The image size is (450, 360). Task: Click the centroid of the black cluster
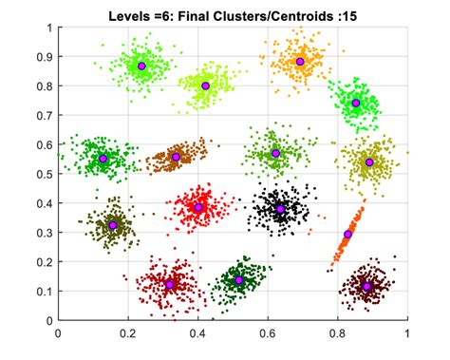click(280, 209)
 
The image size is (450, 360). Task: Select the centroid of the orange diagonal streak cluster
click(347, 234)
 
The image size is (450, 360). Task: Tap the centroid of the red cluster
click(198, 207)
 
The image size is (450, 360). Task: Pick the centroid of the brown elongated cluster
click(176, 157)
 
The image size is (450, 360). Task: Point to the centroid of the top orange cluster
click(300, 62)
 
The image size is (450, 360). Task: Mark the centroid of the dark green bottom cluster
click(239, 280)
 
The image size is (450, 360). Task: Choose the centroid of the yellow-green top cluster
click(205, 85)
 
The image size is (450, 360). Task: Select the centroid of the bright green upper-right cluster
click(356, 103)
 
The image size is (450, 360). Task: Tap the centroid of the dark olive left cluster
click(112, 225)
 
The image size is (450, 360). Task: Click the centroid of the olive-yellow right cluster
click(369, 162)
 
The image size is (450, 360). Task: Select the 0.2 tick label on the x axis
click(128, 333)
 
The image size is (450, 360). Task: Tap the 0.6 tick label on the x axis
click(268, 333)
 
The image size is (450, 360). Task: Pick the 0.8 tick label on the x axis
click(337, 333)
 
